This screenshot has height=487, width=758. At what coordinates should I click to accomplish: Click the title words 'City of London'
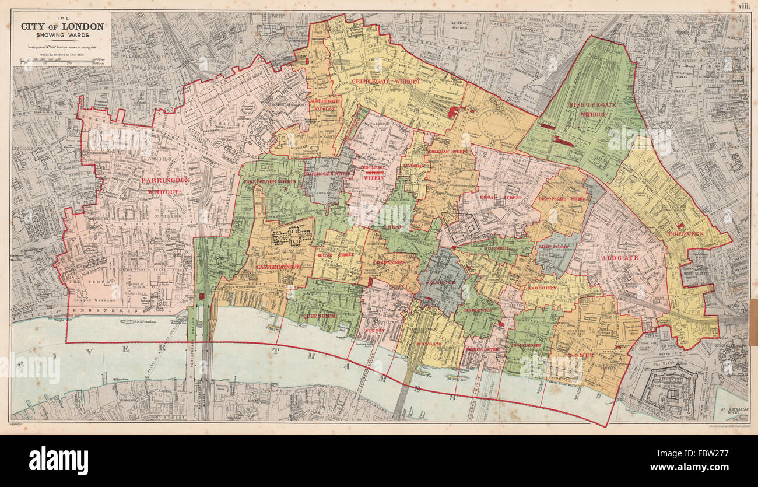coord(62,27)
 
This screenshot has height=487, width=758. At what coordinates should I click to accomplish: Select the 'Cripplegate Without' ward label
coord(385,82)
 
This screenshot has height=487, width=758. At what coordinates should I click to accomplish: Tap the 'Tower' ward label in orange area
coord(585,355)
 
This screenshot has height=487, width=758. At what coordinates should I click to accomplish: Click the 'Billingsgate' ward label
coord(527,345)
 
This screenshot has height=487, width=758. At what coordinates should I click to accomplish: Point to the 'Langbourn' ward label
coord(541,288)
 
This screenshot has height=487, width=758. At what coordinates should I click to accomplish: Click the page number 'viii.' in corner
coord(743,6)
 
